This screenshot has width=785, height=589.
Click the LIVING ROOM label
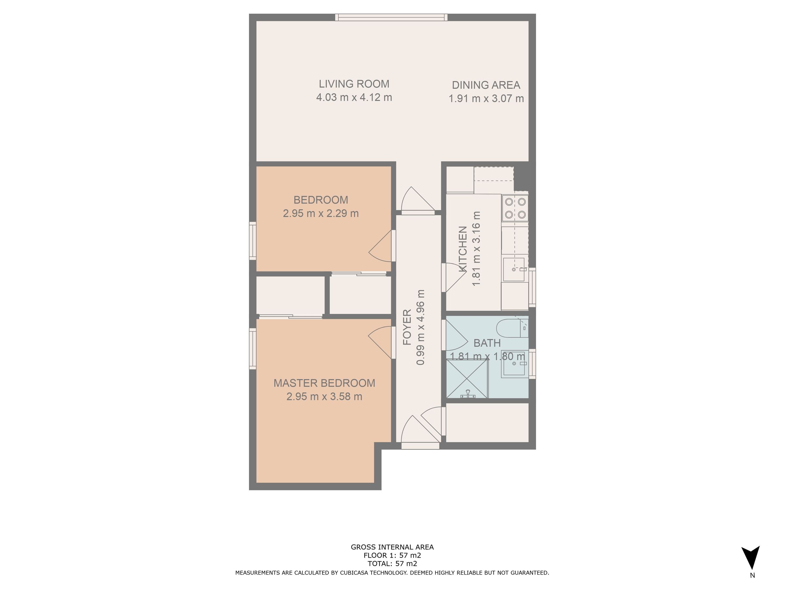(x=354, y=84)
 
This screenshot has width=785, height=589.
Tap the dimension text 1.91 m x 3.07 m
(x=486, y=98)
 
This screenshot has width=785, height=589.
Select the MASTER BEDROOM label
(x=324, y=383)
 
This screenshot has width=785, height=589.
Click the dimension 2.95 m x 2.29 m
(x=321, y=213)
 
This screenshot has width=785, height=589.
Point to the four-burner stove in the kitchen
(x=515, y=208)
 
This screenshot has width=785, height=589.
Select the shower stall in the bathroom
(x=467, y=379)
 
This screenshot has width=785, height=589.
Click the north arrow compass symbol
(x=750, y=558)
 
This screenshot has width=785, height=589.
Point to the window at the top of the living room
(x=391, y=17)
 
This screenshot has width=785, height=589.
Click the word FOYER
(x=407, y=327)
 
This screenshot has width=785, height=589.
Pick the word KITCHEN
(x=462, y=249)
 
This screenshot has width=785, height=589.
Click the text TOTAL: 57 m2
(x=392, y=563)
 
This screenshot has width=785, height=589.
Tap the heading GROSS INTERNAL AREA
(x=392, y=547)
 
